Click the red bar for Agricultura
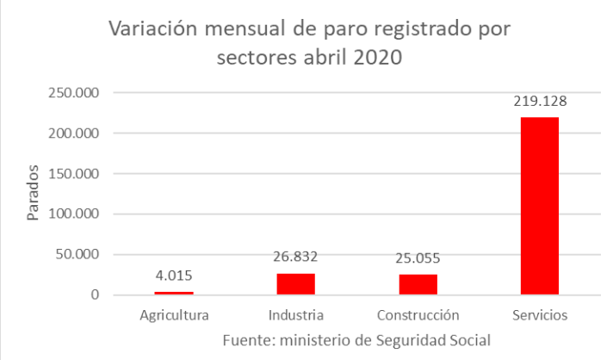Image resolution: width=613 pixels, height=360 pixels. click(x=175, y=293)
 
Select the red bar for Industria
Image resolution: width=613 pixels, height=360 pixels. click(x=296, y=284)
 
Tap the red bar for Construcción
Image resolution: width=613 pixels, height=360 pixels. click(x=418, y=285)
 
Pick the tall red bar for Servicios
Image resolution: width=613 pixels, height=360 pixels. click(x=540, y=207)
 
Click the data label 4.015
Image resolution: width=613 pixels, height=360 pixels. click(x=175, y=276)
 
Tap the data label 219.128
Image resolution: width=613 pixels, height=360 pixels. click(x=540, y=102)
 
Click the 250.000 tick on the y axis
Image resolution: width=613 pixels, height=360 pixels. click(x=75, y=93)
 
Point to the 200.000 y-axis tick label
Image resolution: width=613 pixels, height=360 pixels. click(x=75, y=133)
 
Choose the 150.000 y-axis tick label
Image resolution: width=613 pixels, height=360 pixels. click(x=75, y=174)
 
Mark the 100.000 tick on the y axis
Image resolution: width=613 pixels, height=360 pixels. click(x=75, y=214)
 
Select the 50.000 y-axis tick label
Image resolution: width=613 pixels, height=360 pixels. click(x=79, y=255)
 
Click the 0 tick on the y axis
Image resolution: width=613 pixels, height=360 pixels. click(x=96, y=295)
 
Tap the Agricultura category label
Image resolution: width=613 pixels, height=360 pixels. click(x=175, y=315)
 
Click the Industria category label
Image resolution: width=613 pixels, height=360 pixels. click(x=296, y=315)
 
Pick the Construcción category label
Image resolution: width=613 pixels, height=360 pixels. click(x=418, y=315)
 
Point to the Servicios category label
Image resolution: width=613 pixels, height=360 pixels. click(x=540, y=315)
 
